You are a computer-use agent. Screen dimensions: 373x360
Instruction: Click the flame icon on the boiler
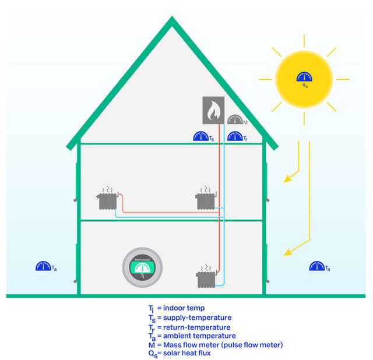(x=213, y=110)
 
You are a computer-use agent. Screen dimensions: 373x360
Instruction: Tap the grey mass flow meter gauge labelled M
(x=235, y=120)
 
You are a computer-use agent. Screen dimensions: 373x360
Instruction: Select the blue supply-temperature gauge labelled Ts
(x=201, y=136)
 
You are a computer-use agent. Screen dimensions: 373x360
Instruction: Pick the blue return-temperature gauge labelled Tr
(x=235, y=136)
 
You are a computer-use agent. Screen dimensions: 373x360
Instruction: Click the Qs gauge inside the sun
(x=304, y=76)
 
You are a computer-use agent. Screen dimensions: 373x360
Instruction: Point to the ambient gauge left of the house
(x=43, y=266)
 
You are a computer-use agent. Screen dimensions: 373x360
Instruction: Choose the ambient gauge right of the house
(x=317, y=266)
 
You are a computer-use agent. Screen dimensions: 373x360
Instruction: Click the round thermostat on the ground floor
(x=142, y=267)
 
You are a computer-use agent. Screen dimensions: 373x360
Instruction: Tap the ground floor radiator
(x=206, y=278)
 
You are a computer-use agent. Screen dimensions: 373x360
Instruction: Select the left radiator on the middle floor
(x=107, y=199)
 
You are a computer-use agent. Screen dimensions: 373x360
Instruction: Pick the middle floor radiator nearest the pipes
(x=206, y=199)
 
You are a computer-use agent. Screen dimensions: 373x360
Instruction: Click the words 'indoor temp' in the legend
(x=184, y=308)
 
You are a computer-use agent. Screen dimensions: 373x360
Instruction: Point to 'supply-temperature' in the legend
(x=197, y=317)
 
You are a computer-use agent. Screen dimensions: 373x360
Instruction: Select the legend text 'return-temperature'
(x=197, y=327)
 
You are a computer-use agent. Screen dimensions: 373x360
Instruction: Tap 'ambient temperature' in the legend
(x=199, y=336)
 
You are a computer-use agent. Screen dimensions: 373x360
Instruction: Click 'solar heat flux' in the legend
(x=186, y=353)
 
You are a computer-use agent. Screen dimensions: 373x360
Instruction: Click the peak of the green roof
(x=172, y=17)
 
